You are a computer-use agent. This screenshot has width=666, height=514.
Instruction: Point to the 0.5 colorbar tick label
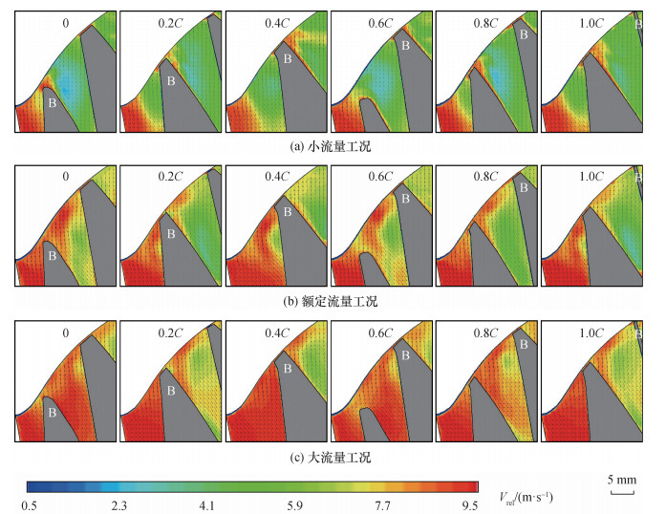pyautogui.click(x=28, y=505)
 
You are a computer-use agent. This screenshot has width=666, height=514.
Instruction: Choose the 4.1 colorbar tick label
pyautogui.click(x=206, y=505)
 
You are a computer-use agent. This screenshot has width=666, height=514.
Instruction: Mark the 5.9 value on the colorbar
pyautogui.click(x=296, y=505)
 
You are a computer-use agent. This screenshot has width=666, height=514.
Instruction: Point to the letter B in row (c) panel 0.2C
pyautogui.click(x=170, y=390)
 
